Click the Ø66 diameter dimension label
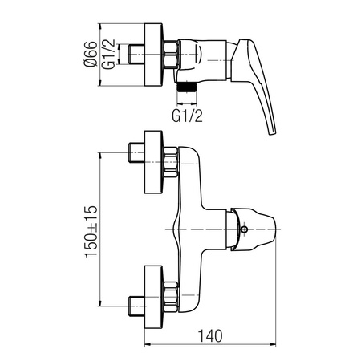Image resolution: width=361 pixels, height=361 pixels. [90, 54]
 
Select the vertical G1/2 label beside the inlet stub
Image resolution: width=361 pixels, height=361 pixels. [108, 54]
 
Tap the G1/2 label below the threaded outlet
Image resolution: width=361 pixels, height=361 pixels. [187, 116]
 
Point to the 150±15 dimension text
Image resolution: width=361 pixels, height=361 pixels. [91, 232]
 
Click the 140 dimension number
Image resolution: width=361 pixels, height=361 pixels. [210, 336]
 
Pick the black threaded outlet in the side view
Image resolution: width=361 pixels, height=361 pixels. [187, 87]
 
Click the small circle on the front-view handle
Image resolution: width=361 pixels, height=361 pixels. [244, 229]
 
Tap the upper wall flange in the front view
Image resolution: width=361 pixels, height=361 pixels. [153, 162]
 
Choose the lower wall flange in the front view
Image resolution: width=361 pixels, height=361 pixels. [153, 297]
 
